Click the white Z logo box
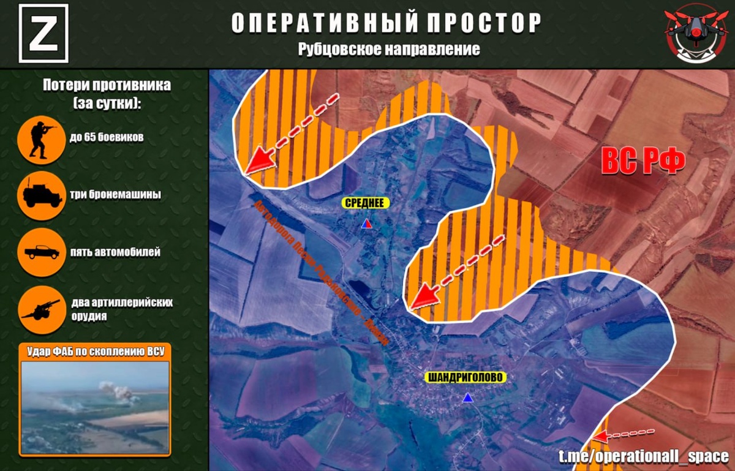click(43, 34)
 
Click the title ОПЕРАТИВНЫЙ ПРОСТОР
click(386, 23)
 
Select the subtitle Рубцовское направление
click(389, 50)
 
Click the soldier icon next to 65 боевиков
click(42, 139)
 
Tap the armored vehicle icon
click(42, 195)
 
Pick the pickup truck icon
click(42, 252)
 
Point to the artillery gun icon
click(42, 309)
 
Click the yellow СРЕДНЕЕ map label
click(366, 203)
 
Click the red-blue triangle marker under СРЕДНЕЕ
click(366, 224)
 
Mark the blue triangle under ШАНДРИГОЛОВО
click(468, 398)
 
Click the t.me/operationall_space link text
click(643, 456)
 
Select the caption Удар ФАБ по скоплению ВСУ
click(95, 351)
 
